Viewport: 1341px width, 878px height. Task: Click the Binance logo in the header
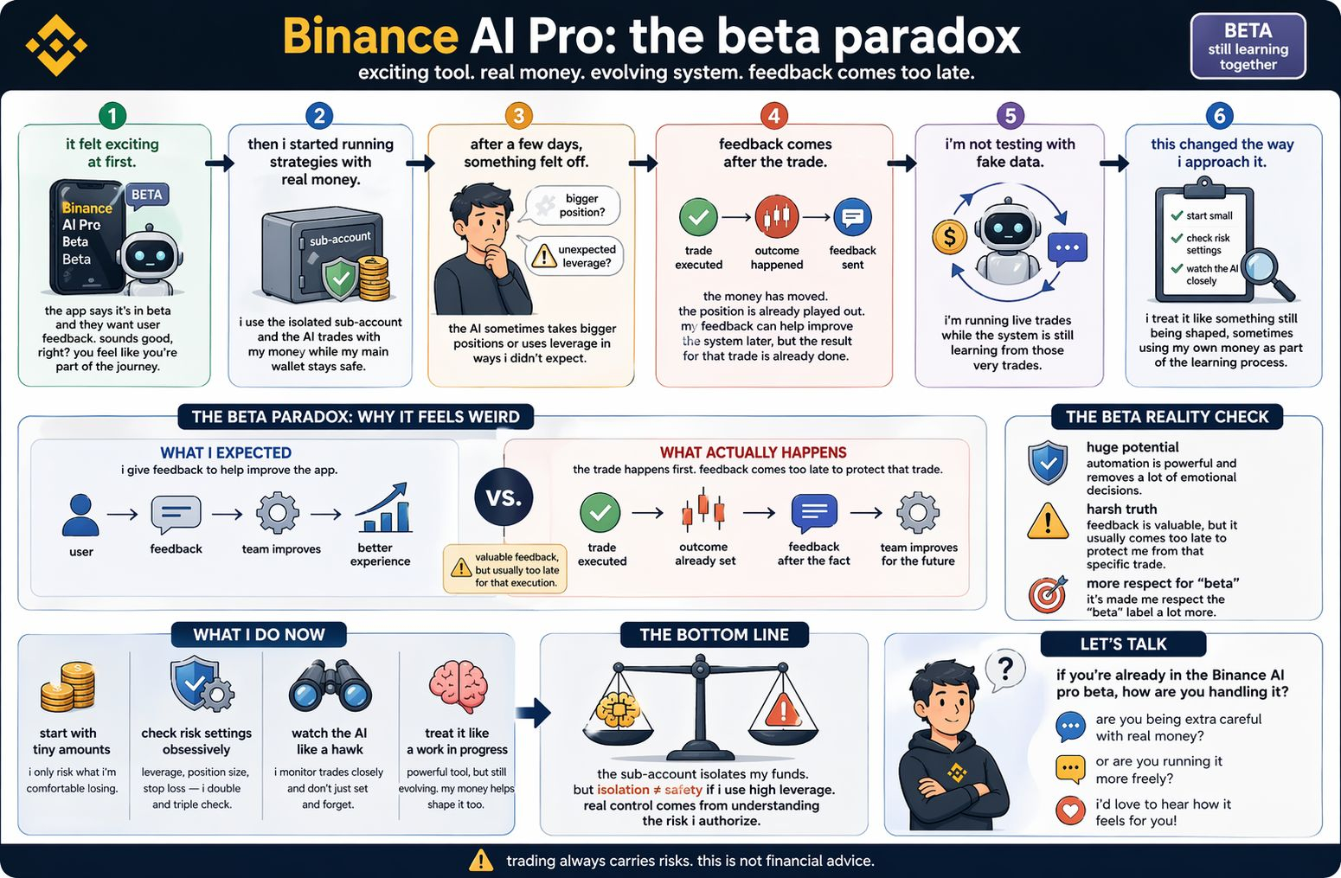coord(56,45)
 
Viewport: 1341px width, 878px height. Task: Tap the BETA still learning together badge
coord(1248,47)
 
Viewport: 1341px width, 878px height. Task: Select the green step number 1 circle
coord(112,115)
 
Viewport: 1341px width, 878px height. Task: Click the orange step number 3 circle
coord(518,115)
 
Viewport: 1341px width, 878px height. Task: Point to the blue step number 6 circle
coord(1219,115)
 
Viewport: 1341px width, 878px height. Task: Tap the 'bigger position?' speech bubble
coord(574,206)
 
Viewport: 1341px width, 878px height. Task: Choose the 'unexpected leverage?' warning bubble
coord(576,256)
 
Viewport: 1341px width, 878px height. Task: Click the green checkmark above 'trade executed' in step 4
coord(698,218)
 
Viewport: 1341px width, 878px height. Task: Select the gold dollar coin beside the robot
coord(949,236)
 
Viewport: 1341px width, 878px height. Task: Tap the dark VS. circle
coord(504,497)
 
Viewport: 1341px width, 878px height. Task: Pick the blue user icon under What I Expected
coord(80,516)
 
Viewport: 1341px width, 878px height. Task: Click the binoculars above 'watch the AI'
coord(330,687)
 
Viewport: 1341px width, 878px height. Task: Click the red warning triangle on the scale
coord(783,712)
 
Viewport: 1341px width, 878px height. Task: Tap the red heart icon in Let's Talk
coord(1070,811)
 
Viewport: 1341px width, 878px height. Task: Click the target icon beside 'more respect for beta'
coord(1048,595)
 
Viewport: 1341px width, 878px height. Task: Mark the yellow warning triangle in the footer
coord(480,861)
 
